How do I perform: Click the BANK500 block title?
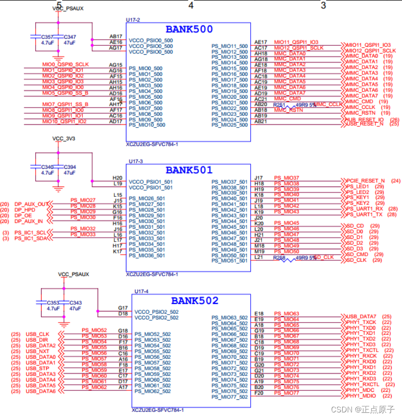(189, 29)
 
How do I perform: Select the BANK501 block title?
(189, 170)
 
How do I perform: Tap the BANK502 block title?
(194, 301)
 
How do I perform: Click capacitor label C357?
(47, 36)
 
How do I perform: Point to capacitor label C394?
(70, 167)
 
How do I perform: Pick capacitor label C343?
(75, 303)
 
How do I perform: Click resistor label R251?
(280, 105)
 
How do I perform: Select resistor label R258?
(280, 258)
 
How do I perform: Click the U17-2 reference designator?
(133, 20)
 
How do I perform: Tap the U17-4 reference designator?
(141, 291)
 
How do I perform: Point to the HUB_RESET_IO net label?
(365, 120)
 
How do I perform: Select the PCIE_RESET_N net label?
(366, 180)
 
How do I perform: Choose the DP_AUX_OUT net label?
(31, 204)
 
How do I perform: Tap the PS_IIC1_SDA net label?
(31, 238)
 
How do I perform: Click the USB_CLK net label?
(37, 334)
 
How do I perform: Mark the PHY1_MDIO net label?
(361, 396)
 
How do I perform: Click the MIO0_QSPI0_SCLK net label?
(65, 64)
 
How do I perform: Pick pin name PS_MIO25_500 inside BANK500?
(230, 125)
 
